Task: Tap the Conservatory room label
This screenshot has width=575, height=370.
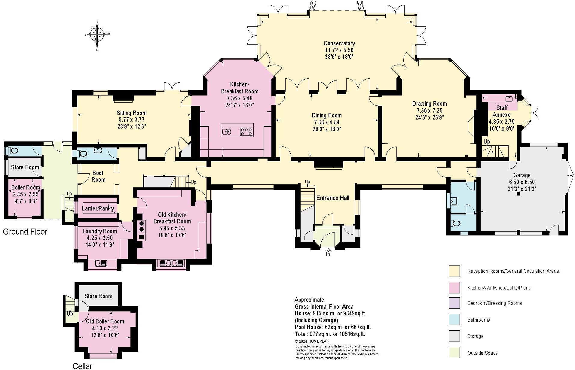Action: pyautogui.click(x=339, y=43)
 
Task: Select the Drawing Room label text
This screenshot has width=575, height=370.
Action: pyautogui.click(x=429, y=104)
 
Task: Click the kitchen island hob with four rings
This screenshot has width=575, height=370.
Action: pyautogui.click(x=246, y=131)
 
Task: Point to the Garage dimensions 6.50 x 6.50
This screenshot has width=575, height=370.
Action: pyautogui.click(x=522, y=182)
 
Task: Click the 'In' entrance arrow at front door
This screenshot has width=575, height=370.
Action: pyautogui.click(x=328, y=252)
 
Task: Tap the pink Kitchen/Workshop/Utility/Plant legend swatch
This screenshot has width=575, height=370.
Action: pyautogui.click(x=454, y=288)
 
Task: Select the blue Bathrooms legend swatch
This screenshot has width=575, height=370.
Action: pyautogui.click(x=454, y=320)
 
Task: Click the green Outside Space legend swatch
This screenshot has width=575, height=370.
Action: pyautogui.click(x=454, y=353)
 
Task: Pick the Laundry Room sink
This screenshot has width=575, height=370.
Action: pyautogui.click(x=101, y=263)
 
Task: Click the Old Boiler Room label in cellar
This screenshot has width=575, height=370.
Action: pyautogui.click(x=105, y=321)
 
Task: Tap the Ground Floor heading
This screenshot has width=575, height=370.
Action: pyautogui.click(x=25, y=232)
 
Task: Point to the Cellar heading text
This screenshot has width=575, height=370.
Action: pyautogui.click(x=82, y=366)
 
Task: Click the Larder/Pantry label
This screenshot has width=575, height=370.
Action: pyautogui.click(x=98, y=208)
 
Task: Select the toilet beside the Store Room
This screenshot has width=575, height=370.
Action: pyautogui.click(x=13, y=150)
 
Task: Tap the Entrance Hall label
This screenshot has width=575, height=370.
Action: pyautogui.click(x=333, y=198)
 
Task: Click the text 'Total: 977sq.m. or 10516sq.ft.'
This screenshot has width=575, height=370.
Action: pyautogui.click(x=330, y=334)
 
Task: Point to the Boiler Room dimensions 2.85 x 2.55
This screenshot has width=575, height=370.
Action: pyautogui.click(x=26, y=194)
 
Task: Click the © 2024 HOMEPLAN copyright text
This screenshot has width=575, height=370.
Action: pyautogui.click(x=312, y=341)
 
